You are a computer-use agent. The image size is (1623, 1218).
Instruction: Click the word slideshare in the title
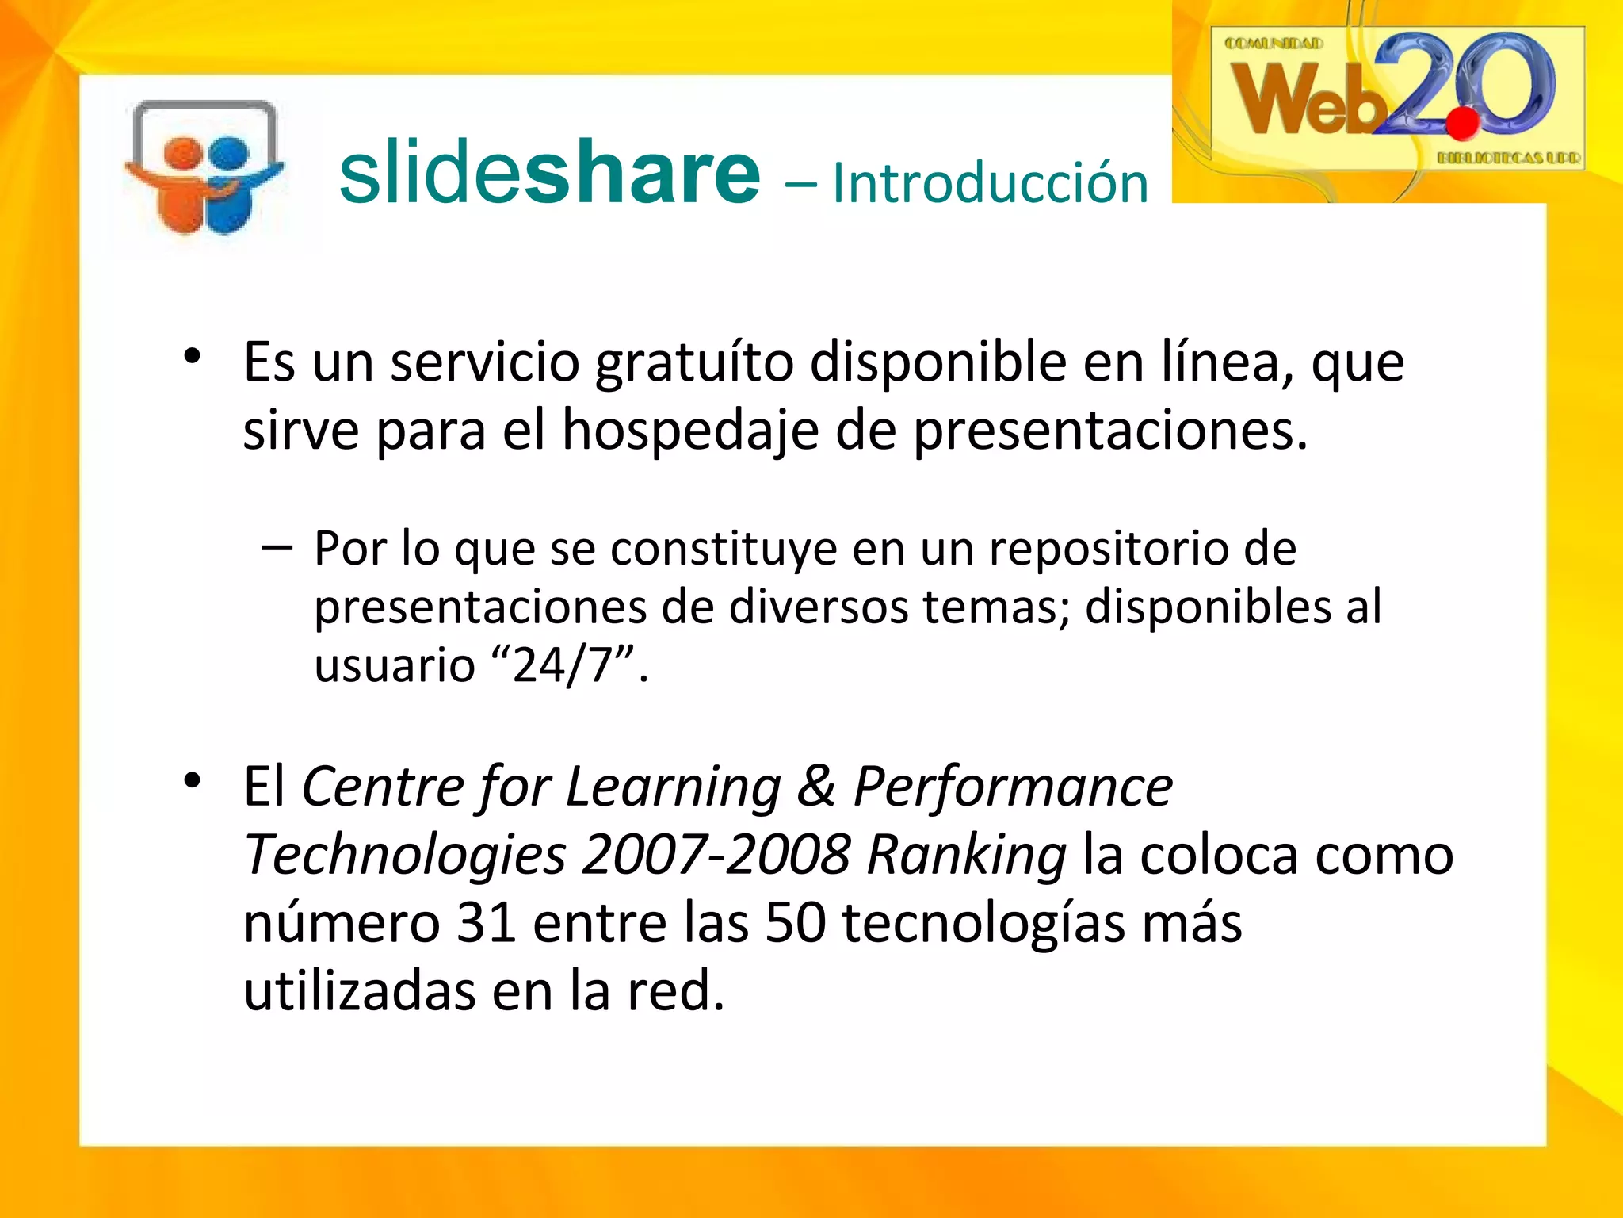point(549,173)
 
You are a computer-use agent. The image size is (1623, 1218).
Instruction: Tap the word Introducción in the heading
point(990,183)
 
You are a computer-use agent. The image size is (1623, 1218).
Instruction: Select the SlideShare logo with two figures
point(204,169)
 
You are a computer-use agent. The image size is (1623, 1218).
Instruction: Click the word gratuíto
point(694,363)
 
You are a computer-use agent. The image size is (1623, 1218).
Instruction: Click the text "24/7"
point(564,665)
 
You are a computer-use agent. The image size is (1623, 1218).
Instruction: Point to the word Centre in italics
point(383,787)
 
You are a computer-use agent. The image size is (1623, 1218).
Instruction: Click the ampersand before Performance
point(816,787)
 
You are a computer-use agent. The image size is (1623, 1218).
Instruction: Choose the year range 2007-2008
point(716,855)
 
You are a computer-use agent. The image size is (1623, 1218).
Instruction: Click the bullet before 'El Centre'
point(192,781)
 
